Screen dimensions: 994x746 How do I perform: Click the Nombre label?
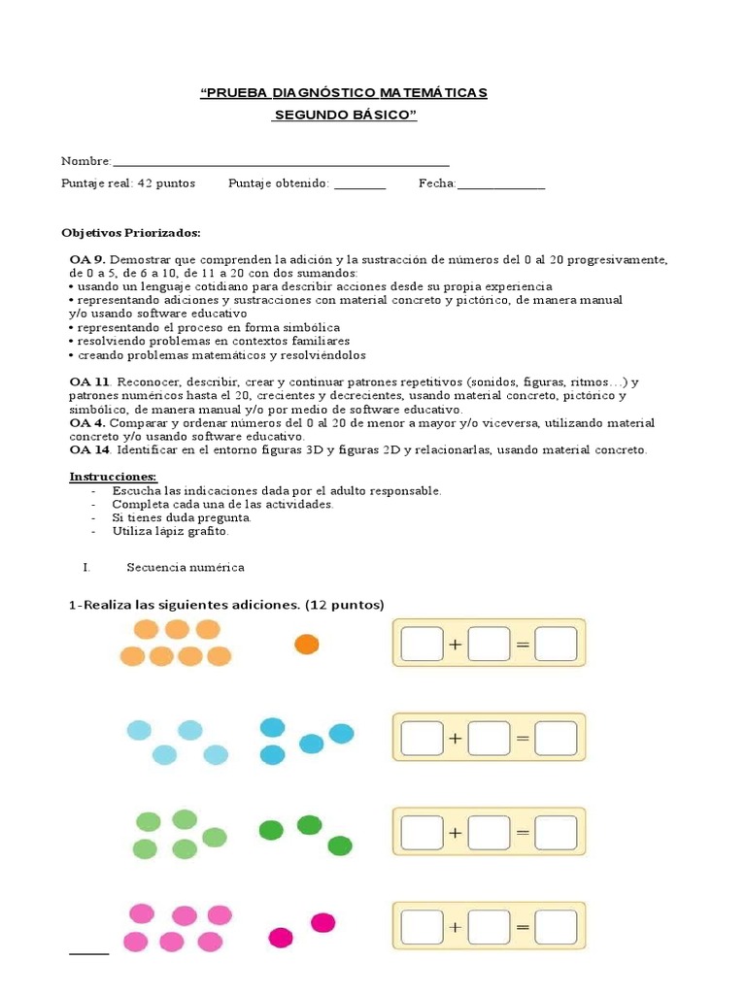[x=85, y=160]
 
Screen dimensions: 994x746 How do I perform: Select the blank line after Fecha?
[x=500, y=183]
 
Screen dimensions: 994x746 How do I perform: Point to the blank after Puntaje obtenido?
[x=359, y=183]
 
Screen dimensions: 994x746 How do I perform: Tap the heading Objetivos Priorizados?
[x=130, y=233]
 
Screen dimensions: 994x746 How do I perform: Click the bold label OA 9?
[x=86, y=260]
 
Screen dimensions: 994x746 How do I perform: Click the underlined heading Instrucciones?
[x=113, y=477]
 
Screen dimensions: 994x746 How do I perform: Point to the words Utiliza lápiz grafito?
[x=170, y=531]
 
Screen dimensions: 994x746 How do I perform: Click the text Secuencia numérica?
[x=186, y=567]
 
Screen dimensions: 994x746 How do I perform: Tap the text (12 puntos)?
[x=345, y=605]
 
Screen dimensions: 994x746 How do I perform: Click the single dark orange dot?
[x=306, y=645]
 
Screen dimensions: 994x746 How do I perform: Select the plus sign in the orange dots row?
[x=456, y=644]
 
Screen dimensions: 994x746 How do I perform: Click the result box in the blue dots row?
[x=556, y=738]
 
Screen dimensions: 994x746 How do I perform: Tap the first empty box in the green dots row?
[x=422, y=832]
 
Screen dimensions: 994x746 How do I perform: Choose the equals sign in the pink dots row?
[x=523, y=927]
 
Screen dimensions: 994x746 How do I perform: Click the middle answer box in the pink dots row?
[x=489, y=927]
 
